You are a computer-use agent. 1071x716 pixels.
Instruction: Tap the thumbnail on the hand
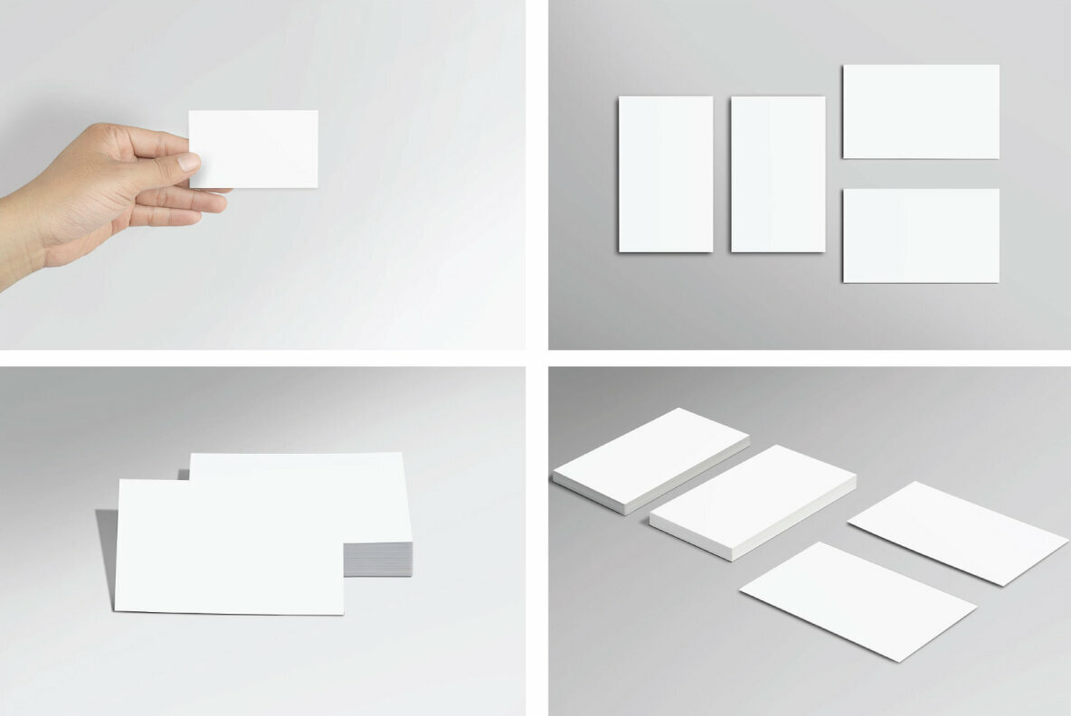coord(188,162)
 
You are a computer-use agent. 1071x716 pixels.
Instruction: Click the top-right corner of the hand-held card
coord(317,112)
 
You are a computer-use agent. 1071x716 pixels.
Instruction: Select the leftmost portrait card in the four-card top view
coord(666,174)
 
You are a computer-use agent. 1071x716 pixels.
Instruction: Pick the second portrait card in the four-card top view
coord(778,174)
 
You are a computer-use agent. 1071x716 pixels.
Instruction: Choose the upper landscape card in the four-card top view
coord(921,111)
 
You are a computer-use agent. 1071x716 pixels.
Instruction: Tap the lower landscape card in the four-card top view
coord(921,235)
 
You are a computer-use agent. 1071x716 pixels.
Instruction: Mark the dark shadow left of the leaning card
coord(107,551)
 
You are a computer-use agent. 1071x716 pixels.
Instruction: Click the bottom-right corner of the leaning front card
coord(342,613)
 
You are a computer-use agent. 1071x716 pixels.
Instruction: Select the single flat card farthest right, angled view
coord(957,531)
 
